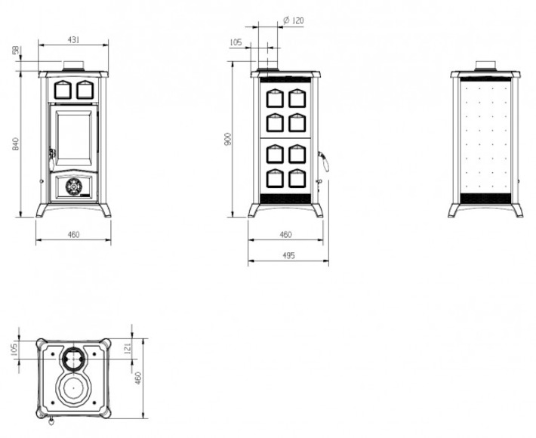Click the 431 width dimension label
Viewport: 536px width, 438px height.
coord(73,40)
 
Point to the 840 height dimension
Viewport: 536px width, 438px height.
coord(15,144)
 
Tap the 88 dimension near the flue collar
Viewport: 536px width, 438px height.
coord(15,51)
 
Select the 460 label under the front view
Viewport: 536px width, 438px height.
coord(73,235)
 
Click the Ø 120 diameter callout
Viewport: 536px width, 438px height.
coord(294,20)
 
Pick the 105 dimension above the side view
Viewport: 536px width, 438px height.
coord(236,42)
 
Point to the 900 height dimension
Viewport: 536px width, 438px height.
coord(228,138)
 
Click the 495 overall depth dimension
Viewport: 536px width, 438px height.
coord(289,255)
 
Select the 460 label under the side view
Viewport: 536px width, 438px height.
coord(286,235)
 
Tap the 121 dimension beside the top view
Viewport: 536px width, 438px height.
coord(128,349)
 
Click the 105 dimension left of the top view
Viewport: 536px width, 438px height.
coord(14,350)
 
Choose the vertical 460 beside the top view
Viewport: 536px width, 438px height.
coord(138,378)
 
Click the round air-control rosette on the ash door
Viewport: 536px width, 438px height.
coord(73,187)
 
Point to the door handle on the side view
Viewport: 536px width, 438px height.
coord(323,162)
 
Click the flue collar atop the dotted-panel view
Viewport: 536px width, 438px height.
coord(485,66)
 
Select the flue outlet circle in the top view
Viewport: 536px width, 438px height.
coord(73,359)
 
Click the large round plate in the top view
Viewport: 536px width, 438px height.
coord(73,388)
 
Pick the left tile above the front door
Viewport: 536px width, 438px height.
coord(63,90)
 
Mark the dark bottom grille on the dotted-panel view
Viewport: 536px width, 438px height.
coord(485,199)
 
